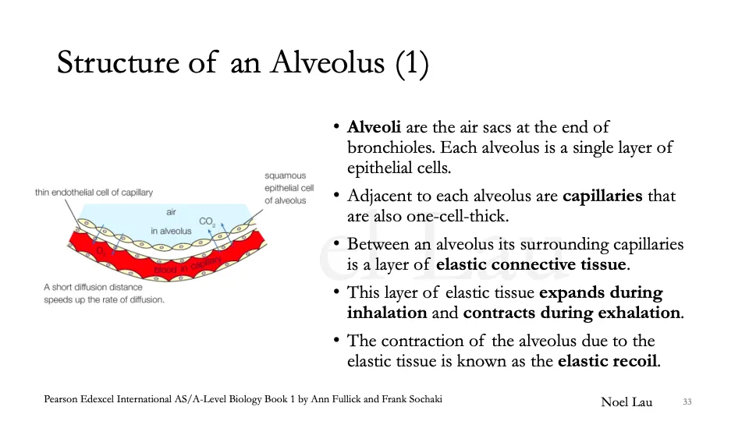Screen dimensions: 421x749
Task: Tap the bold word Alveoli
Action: click(374, 127)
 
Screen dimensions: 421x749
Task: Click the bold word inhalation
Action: click(387, 313)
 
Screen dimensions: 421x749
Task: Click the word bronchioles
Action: click(389, 147)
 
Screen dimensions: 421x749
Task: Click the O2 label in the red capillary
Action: click(101, 250)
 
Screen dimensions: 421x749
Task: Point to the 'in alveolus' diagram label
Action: click(171, 231)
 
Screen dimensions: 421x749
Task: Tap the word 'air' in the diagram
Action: click(172, 212)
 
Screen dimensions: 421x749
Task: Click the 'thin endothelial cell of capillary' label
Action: click(94, 193)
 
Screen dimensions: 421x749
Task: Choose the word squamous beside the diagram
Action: click(285, 176)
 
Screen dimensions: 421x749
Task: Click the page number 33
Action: click(687, 402)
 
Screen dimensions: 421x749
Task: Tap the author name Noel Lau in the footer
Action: click(627, 402)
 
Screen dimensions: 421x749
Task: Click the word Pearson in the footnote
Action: click(62, 399)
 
